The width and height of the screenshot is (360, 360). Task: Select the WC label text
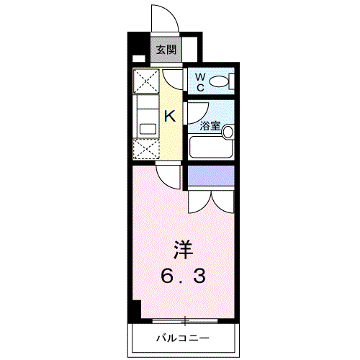tap(199, 81)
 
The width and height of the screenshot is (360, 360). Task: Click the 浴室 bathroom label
tap(209, 126)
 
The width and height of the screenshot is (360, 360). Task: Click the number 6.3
tap(184, 275)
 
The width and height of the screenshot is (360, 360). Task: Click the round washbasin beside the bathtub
tap(228, 132)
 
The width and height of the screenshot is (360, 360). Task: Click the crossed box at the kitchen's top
tap(146, 81)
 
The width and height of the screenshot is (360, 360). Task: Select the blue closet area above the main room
tap(211, 174)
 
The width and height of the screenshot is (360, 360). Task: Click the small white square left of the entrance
tap(138, 59)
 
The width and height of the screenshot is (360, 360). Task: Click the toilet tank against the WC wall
tap(232, 81)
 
